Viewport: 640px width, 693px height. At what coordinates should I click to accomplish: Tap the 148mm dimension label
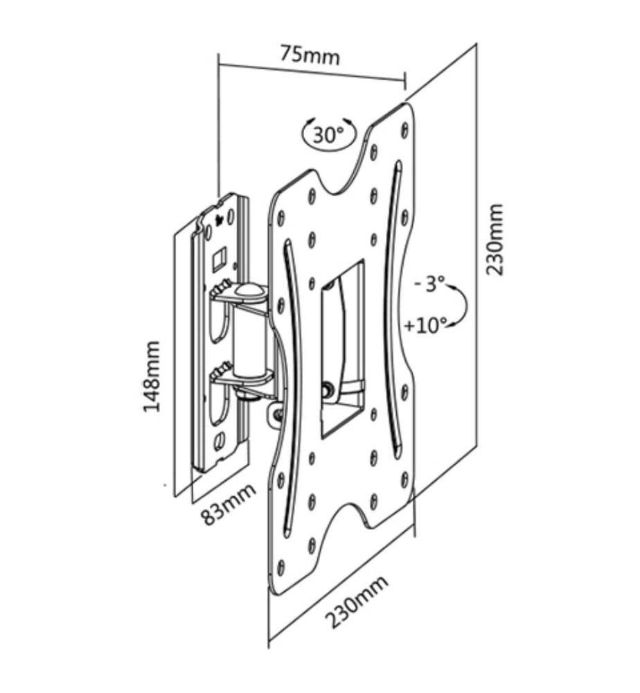point(151,376)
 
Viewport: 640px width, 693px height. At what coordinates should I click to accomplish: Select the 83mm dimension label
point(229,504)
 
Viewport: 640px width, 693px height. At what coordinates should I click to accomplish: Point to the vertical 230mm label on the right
point(494,239)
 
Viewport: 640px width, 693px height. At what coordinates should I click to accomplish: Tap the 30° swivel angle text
point(328,134)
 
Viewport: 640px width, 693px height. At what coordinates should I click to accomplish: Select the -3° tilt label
point(429,283)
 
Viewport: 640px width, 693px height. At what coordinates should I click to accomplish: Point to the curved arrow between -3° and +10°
point(465,305)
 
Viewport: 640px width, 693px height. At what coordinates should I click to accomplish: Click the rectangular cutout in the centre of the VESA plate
point(342,349)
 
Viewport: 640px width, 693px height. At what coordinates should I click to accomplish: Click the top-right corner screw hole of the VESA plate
point(404,129)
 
